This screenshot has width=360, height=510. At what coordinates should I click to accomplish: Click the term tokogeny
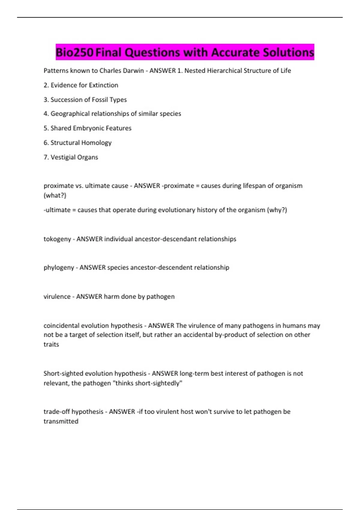click(x=57, y=239)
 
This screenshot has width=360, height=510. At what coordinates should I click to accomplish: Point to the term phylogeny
click(x=59, y=268)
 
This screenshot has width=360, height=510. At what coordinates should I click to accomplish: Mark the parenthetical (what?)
click(x=55, y=196)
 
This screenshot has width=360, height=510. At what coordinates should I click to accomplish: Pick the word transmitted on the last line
click(x=61, y=421)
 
